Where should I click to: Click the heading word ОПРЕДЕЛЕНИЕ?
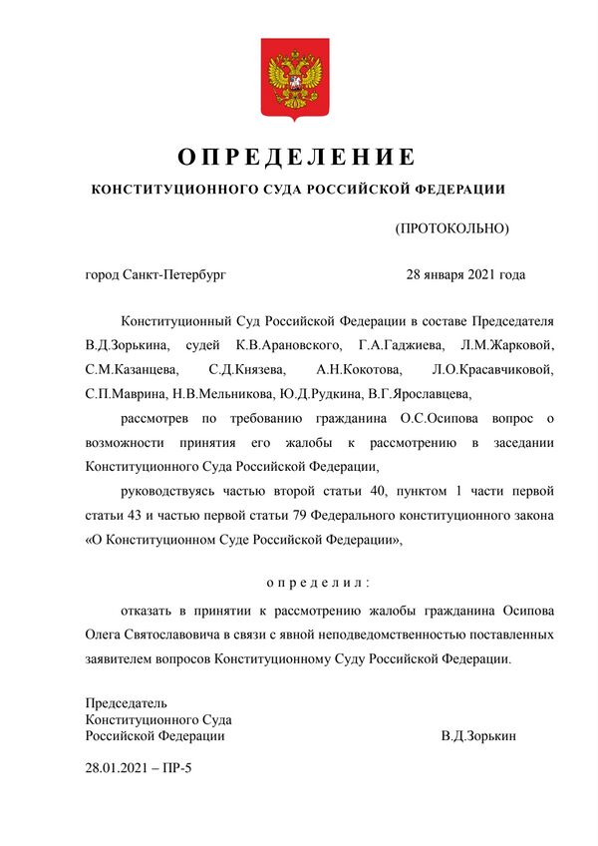(296, 158)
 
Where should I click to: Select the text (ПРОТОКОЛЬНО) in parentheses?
(452, 228)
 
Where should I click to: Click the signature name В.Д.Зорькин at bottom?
(478, 735)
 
